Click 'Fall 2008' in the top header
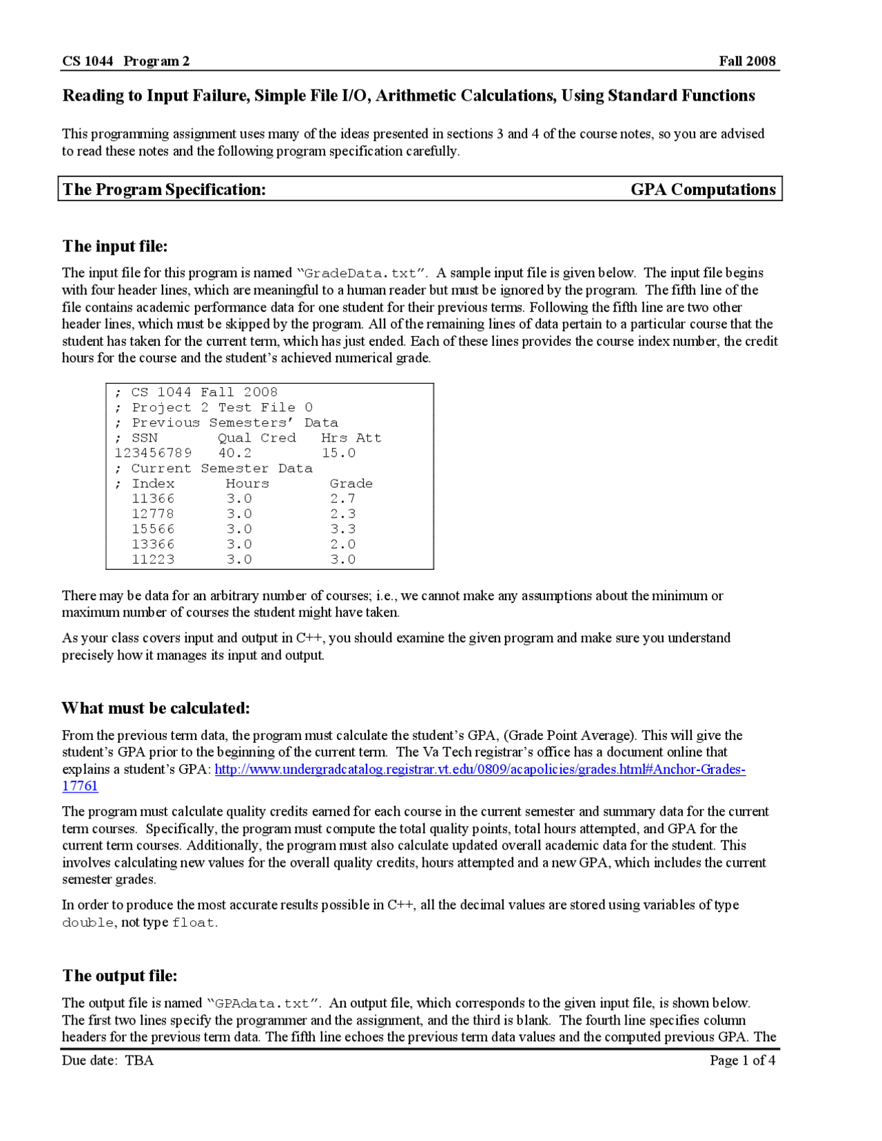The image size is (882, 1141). click(747, 61)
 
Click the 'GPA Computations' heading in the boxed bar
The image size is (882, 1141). click(703, 189)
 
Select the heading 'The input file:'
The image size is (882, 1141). click(115, 246)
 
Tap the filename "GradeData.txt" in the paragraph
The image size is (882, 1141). click(360, 274)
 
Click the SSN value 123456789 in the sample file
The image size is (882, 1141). click(153, 453)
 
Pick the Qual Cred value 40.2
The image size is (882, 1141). click(235, 453)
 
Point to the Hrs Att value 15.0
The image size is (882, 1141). click(338, 453)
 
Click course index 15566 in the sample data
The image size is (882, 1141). click(153, 529)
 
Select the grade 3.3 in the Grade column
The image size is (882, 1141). click(342, 529)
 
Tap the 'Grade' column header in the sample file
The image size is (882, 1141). click(351, 484)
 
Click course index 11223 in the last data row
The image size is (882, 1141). click(153, 559)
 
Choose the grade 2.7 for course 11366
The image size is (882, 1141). click(342, 499)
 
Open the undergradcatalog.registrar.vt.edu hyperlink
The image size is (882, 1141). click(480, 770)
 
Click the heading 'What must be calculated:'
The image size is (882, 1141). click(156, 708)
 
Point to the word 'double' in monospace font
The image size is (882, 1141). click(88, 923)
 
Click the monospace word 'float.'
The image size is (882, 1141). click(194, 923)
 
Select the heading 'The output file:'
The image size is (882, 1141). click(120, 976)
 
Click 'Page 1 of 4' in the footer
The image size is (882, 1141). click(742, 1060)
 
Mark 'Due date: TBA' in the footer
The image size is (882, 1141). click(108, 1060)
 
